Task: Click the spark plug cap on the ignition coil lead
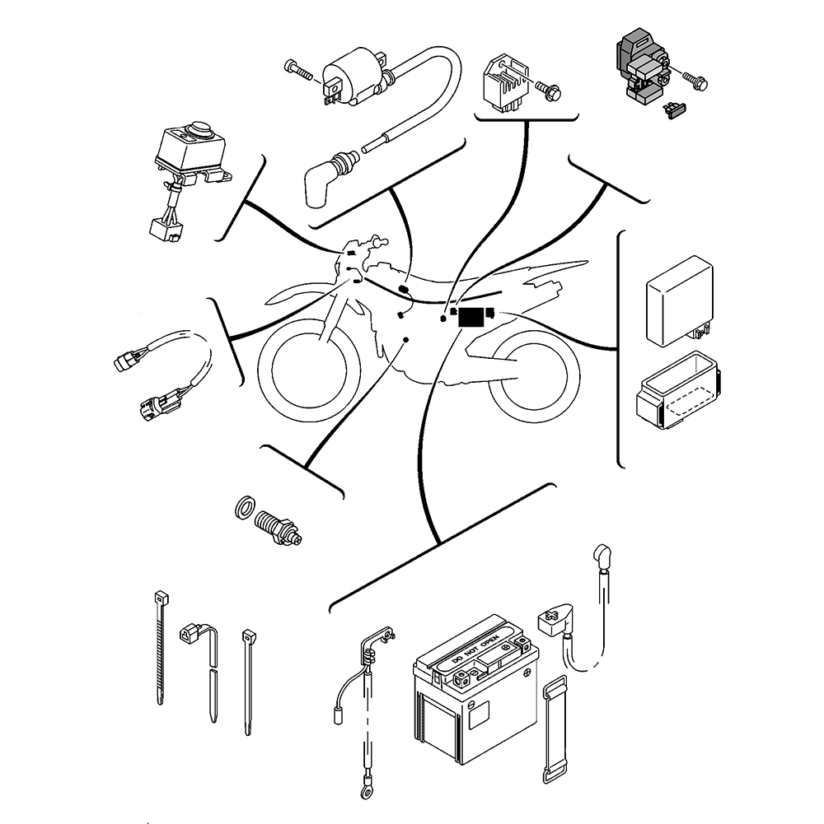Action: click(x=321, y=183)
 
